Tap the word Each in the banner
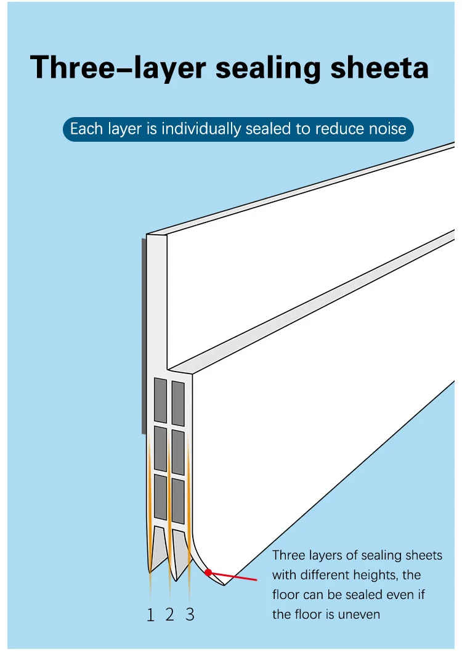pos(85,129)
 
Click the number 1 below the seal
pos(150,614)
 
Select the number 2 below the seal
pos(170,614)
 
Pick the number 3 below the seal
pos(190,614)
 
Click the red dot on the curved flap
pos(208,573)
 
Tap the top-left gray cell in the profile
pos(160,399)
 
